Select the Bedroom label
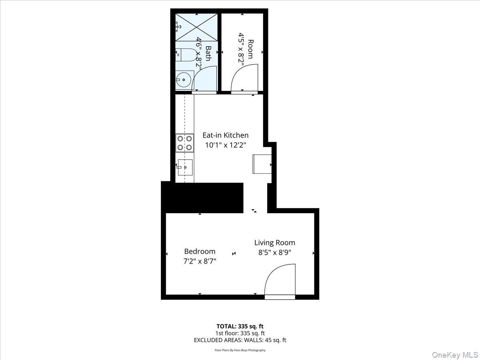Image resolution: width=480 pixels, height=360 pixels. (x=200, y=251)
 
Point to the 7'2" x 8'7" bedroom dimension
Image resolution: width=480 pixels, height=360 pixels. (x=200, y=261)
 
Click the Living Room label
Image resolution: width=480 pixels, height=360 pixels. (x=275, y=242)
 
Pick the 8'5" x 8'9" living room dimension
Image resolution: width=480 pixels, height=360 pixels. (x=275, y=252)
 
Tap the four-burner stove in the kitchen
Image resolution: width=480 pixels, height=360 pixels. (x=184, y=143)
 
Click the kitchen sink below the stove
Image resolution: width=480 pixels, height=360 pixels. (x=185, y=168)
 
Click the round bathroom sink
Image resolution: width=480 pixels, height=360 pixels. (x=184, y=80)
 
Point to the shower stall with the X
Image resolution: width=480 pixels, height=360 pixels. (x=197, y=27)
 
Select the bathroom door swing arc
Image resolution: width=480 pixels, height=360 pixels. (x=204, y=78)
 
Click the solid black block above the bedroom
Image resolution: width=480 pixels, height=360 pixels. (x=202, y=198)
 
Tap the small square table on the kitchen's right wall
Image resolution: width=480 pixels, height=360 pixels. (x=262, y=164)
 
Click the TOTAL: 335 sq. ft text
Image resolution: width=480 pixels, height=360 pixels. (x=240, y=326)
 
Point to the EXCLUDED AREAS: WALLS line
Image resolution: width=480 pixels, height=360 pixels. (x=240, y=340)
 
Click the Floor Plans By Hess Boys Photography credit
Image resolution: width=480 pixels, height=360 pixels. (x=240, y=350)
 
